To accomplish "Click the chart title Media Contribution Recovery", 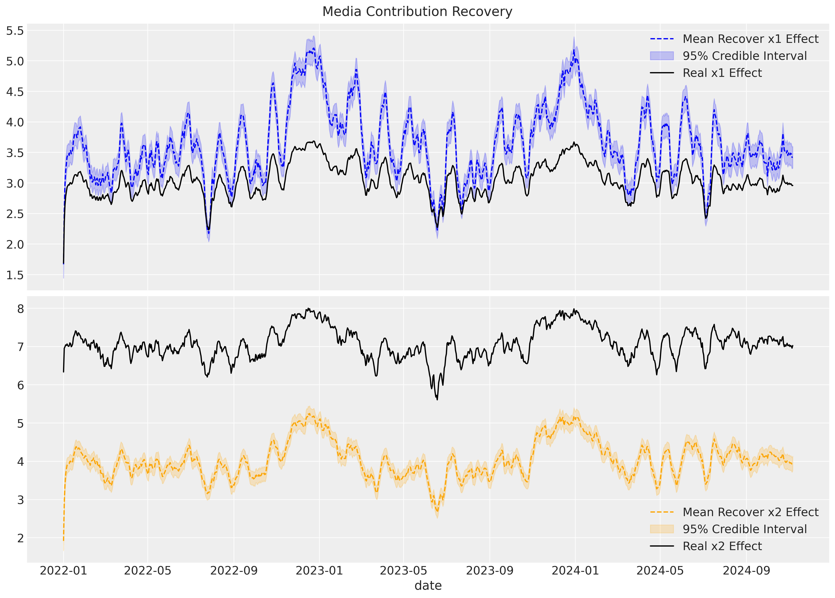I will click(x=417, y=12).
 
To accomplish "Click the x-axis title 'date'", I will click(x=428, y=585).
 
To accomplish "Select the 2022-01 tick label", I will click(x=63, y=571).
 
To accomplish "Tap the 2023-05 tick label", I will click(x=403, y=571).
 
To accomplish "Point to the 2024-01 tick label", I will click(x=575, y=571).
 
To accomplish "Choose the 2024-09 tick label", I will click(x=746, y=571).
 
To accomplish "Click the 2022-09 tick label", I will click(x=234, y=571).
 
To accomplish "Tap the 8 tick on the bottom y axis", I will click(x=20, y=308).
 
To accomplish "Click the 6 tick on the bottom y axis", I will click(x=20, y=385).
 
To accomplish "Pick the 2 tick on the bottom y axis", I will click(x=20, y=538).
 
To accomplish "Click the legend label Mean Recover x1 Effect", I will click(x=750, y=39).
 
